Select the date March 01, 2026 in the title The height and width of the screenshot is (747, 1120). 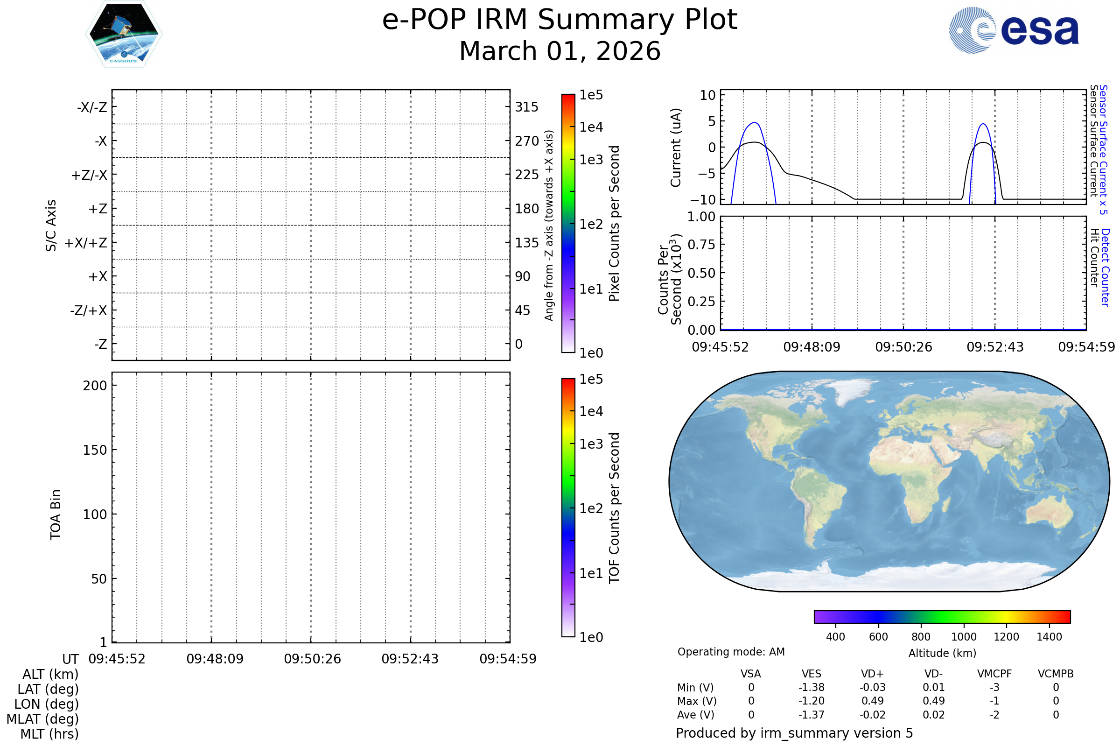(560, 51)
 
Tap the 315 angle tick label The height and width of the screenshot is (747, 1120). (526, 107)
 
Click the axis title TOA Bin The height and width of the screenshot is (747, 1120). (56, 514)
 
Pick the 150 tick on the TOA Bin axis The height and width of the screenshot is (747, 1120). (95, 450)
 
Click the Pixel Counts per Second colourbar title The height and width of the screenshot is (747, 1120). (614, 223)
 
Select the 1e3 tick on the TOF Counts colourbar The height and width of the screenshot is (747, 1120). (591, 444)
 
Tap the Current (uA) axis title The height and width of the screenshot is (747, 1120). (676, 148)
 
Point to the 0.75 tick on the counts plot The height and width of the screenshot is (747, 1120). (701, 245)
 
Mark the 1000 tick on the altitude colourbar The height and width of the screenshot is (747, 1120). (964, 637)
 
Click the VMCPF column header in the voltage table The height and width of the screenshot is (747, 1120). (994, 674)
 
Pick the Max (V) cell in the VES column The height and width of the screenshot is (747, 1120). (812, 701)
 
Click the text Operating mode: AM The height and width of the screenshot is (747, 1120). (731, 652)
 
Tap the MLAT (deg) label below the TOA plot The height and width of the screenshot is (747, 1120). (43, 719)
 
